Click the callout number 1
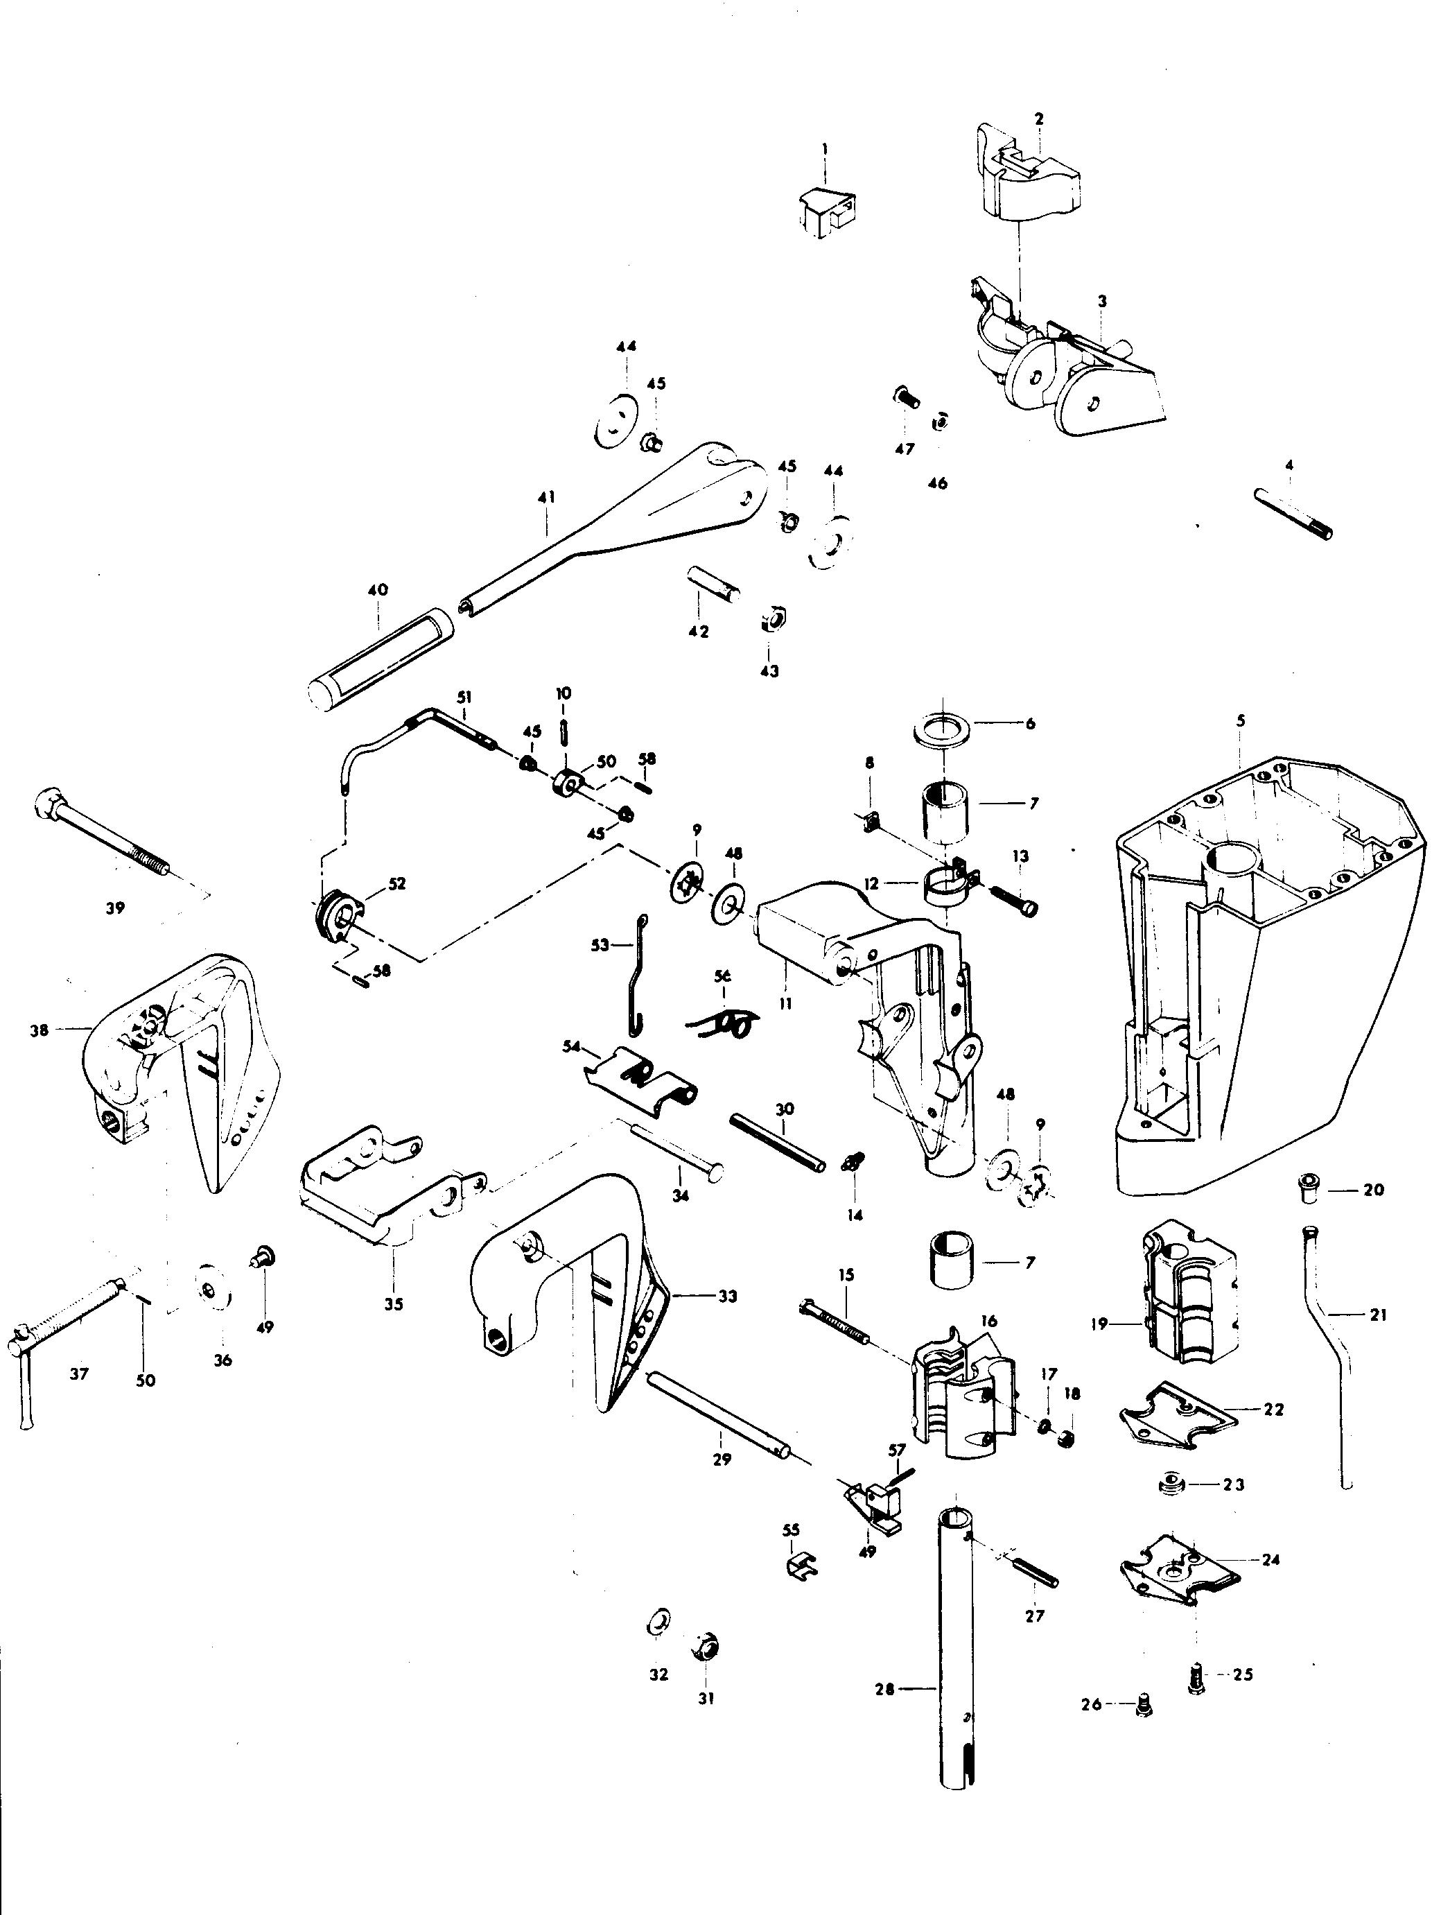(824, 149)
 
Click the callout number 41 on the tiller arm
(547, 497)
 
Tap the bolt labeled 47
(905, 400)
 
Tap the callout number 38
(39, 1030)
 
